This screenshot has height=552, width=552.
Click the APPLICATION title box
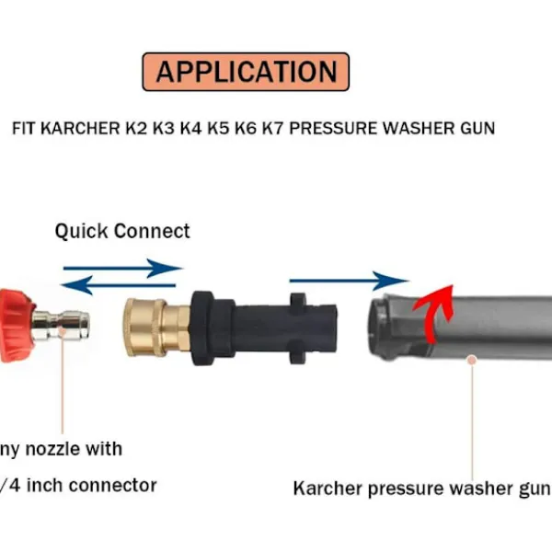246,72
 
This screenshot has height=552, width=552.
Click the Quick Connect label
122,231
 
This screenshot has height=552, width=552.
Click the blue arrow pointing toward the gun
349,280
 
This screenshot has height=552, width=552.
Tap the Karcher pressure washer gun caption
420,488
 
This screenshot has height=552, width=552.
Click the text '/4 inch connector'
77,485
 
